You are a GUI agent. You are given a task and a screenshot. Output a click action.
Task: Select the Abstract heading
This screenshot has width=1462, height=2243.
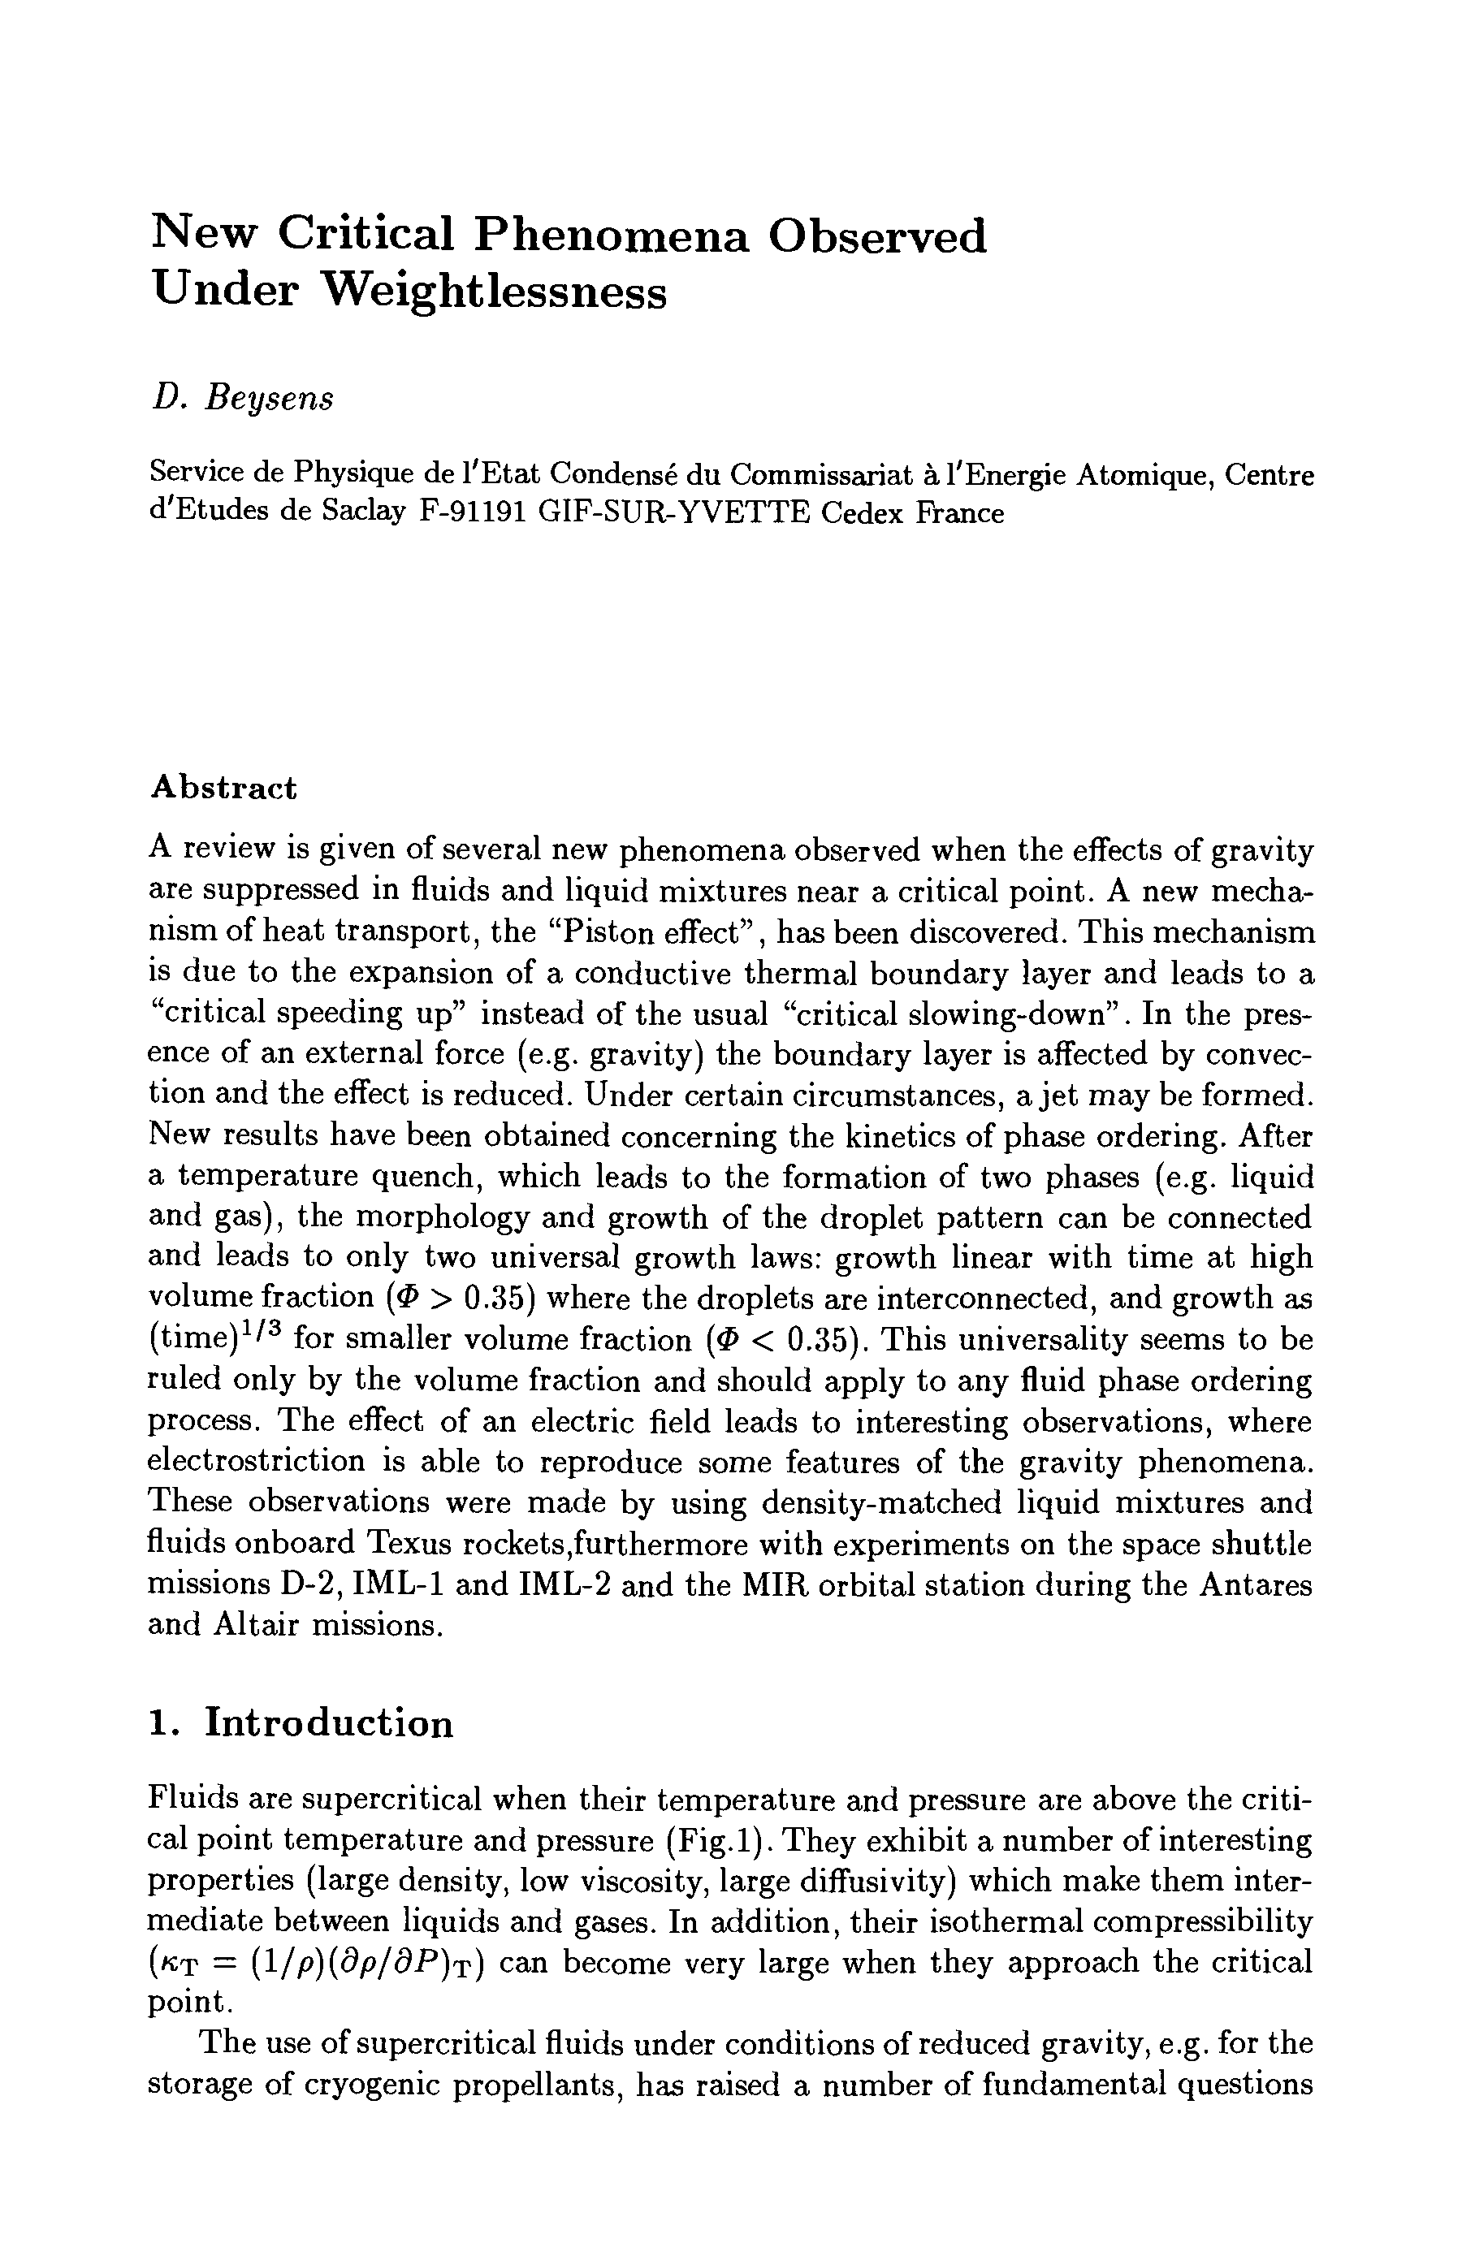(223, 787)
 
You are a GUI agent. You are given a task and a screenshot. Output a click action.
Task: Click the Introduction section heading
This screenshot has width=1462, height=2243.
(329, 1722)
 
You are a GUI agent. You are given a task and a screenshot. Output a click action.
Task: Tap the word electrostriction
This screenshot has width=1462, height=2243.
(257, 1462)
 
